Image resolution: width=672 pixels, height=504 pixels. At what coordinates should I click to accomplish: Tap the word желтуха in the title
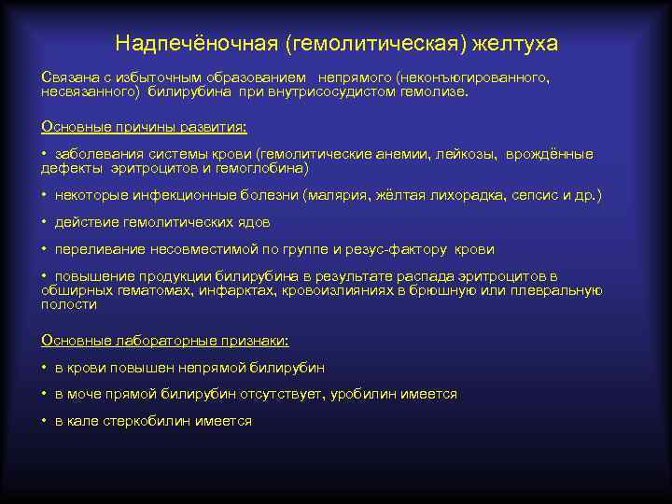point(515,44)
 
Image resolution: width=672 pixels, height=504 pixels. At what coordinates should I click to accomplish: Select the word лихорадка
point(486,196)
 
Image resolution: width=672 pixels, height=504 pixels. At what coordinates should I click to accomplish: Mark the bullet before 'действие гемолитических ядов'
point(45,222)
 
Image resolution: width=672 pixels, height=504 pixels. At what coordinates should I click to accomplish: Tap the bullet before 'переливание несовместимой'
point(45,249)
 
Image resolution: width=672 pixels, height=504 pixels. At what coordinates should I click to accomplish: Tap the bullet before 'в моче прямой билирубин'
point(45,394)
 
